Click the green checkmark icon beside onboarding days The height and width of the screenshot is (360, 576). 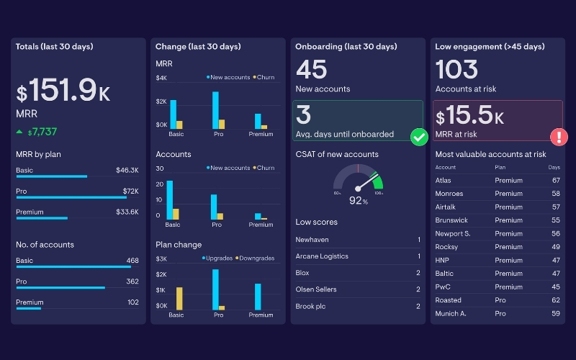(x=419, y=137)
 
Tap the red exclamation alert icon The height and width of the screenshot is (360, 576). (x=559, y=137)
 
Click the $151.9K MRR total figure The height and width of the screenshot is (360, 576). (x=63, y=91)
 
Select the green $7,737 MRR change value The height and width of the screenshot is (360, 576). (x=42, y=132)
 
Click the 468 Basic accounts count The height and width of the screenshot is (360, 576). (x=132, y=261)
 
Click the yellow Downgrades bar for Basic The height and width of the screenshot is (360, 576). (x=179, y=298)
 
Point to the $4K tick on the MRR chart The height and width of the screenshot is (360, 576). (x=162, y=78)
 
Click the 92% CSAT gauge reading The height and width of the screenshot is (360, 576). (x=359, y=201)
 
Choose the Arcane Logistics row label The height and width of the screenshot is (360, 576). (x=321, y=256)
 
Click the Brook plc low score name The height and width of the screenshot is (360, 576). (x=311, y=306)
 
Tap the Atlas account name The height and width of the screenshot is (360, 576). (x=443, y=180)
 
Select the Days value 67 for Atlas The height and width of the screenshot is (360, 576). (x=556, y=180)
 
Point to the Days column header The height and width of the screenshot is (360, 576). (x=554, y=167)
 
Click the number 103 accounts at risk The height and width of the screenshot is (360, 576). (x=456, y=70)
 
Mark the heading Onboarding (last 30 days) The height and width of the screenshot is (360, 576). (x=346, y=47)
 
